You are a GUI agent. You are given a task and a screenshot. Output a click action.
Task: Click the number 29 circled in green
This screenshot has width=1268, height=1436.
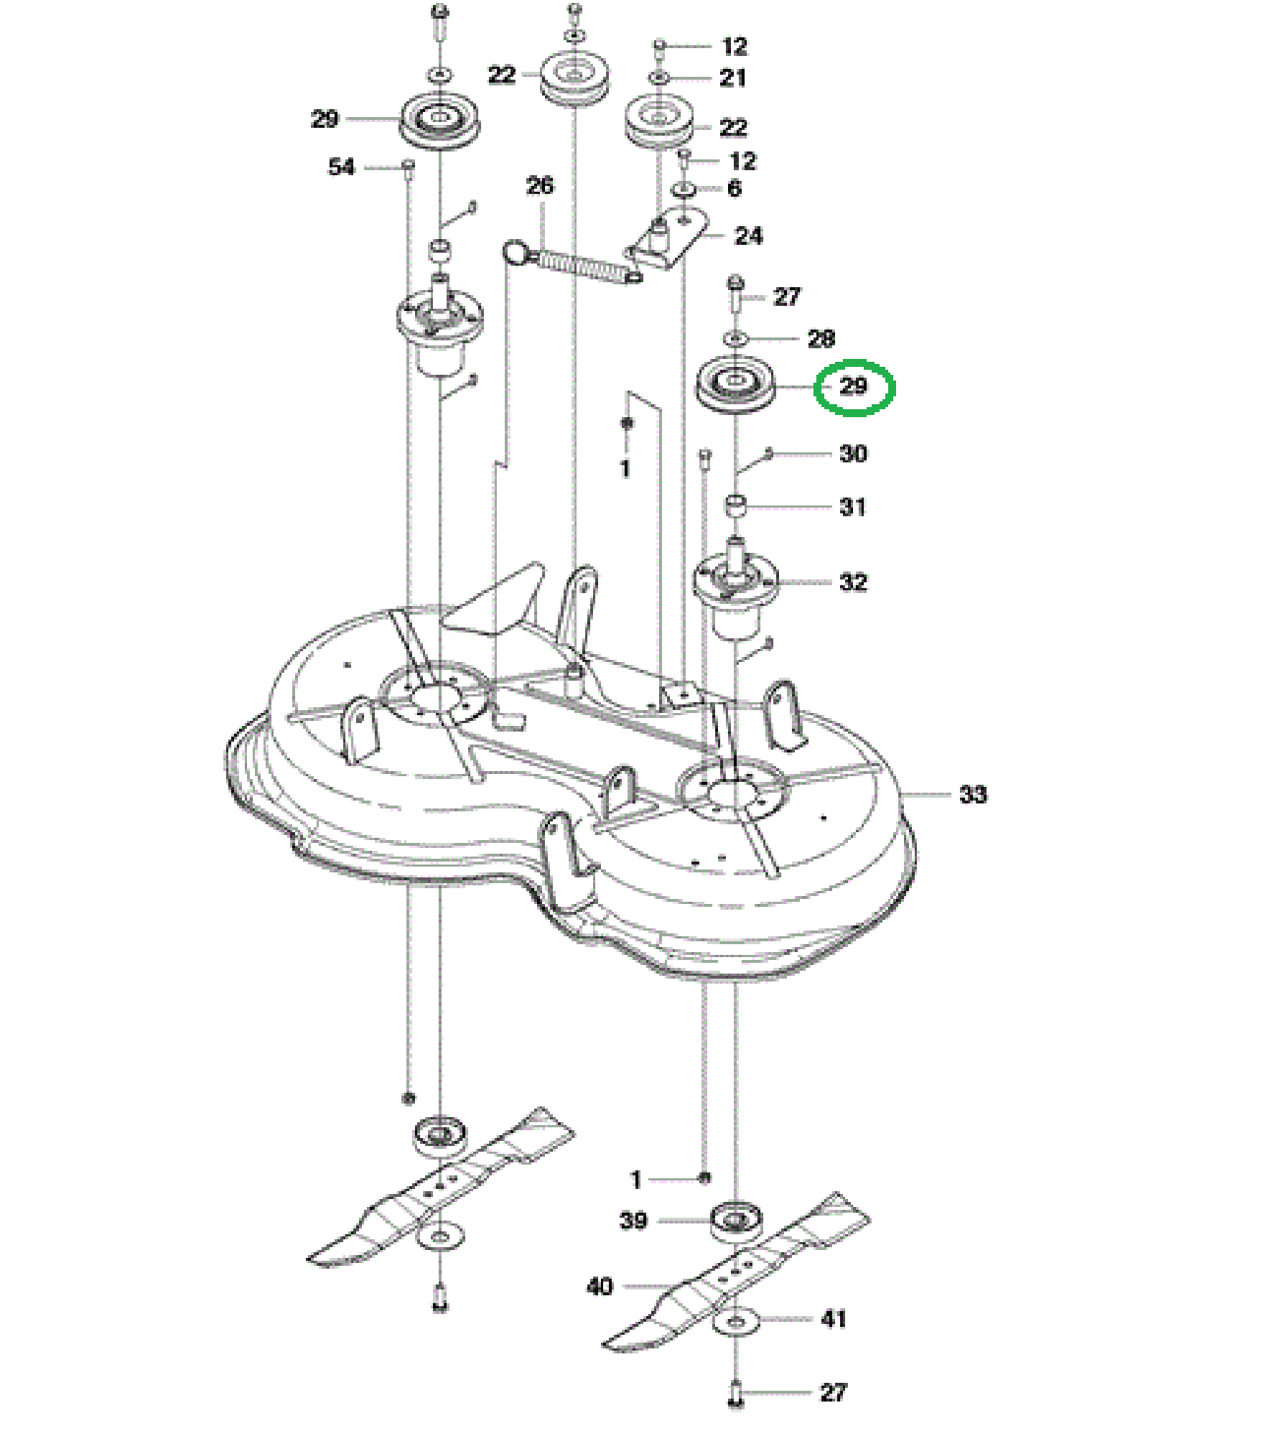(854, 386)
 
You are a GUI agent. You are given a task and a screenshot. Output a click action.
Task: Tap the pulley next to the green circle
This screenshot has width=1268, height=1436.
(736, 387)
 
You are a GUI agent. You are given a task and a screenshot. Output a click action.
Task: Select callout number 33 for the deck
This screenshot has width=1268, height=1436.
(973, 795)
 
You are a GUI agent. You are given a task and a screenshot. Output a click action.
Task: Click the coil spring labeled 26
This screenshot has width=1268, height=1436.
(574, 262)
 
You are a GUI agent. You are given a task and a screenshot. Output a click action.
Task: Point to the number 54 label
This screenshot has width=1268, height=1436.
(341, 167)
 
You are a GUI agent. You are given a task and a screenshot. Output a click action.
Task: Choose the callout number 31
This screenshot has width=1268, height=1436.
(852, 508)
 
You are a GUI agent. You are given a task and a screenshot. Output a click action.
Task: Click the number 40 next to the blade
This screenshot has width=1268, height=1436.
(600, 1286)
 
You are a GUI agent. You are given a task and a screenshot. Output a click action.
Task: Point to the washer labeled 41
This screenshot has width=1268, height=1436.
(736, 1320)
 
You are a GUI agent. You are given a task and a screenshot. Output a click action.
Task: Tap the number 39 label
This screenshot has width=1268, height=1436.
(633, 1221)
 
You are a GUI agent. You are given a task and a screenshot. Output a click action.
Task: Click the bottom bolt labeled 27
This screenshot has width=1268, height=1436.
(736, 1394)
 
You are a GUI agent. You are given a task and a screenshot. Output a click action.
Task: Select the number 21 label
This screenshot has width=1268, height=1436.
(732, 78)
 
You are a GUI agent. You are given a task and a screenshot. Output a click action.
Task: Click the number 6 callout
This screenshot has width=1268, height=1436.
(734, 189)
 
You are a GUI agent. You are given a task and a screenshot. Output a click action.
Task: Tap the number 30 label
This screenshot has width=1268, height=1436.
(853, 454)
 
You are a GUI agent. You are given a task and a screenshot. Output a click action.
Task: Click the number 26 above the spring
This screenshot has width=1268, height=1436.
(540, 186)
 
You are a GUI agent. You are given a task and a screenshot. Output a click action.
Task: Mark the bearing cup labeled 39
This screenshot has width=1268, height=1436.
(736, 1221)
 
